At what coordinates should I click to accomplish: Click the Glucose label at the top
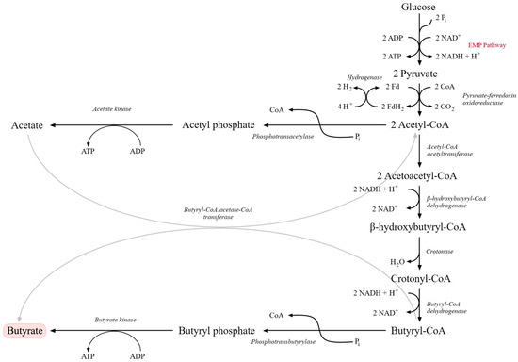point(418,8)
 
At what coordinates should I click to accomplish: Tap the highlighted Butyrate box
point(25,331)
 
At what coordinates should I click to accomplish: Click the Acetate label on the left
point(29,125)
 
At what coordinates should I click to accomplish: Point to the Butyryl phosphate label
point(217,331)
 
